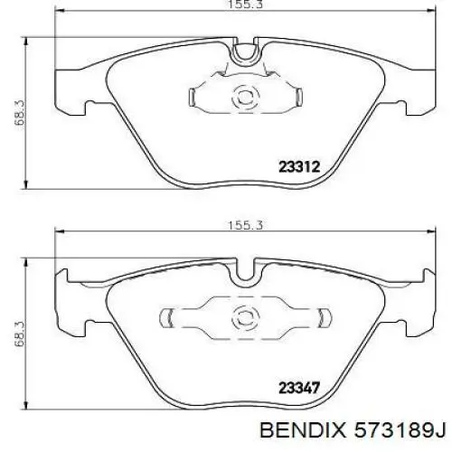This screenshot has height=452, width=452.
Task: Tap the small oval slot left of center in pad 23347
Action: click(x=168, y=316)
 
